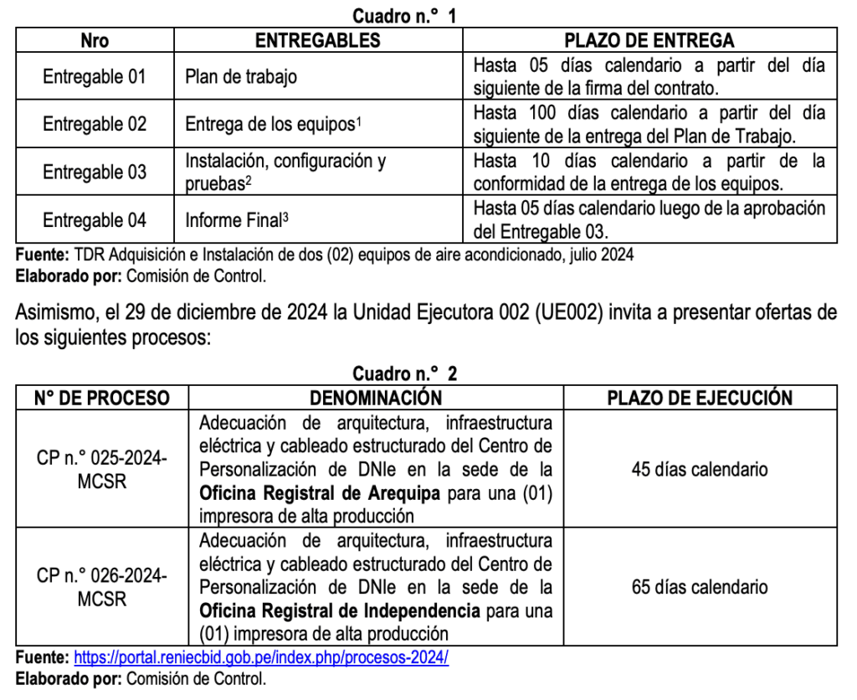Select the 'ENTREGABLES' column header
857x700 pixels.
coord(317,40)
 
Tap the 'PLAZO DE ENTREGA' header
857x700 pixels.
coord(649,40)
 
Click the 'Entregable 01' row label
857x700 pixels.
coord(95,77)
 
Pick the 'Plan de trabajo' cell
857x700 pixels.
coord(241,77)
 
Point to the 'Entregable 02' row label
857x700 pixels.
coord(95,125)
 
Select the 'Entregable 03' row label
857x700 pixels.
coord(95,172)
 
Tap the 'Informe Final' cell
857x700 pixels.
coord(237,220)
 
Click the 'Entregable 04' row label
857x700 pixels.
coord(95,220)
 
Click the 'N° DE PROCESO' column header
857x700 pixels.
coord(101,398)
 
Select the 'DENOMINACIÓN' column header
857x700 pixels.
coord(376,398)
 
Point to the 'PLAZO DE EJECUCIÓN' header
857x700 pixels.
coord(700,398)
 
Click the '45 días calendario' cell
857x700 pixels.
coord(700,469)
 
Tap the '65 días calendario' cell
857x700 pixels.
coord(700,587)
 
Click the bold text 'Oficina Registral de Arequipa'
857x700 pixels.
coord(320,493)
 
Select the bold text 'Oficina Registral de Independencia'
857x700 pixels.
coord(340,610)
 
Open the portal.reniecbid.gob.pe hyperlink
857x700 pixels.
coord(261,658)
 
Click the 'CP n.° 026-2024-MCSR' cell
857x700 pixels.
coord(101,587)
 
